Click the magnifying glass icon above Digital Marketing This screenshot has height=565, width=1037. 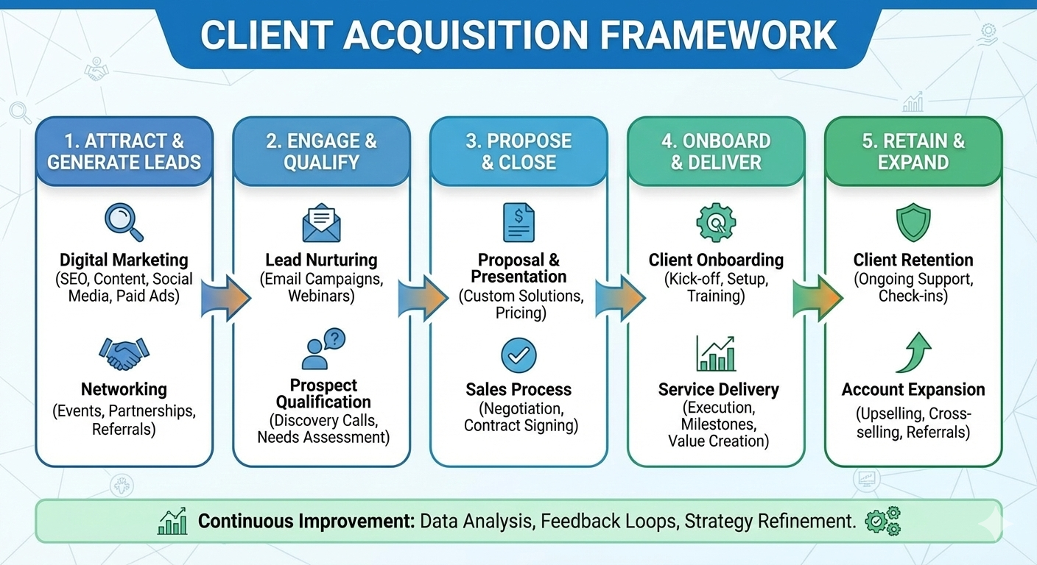[124, 222]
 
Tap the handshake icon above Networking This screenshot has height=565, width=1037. [124, 353]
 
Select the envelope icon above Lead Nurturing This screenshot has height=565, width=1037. [321, 223]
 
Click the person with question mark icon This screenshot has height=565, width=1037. [323, 349]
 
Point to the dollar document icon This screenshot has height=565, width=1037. [518, 223]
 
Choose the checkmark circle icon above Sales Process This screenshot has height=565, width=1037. [518, 355]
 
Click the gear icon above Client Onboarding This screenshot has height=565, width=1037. [716, 223]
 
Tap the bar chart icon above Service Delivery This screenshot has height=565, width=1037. [715, 353]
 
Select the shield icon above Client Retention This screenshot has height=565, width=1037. [913, 223]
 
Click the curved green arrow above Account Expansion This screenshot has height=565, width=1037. [913, 352]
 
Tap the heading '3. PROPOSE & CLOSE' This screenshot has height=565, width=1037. [518, 152]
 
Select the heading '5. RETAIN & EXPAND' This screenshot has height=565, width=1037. [913, 152]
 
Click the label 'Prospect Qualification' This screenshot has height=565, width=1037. [323, 394]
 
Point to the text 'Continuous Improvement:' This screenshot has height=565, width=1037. [306, 522]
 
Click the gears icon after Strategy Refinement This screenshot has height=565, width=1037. [882, 521]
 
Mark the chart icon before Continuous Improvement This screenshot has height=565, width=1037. [173, 522]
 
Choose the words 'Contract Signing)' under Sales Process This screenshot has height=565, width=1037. [521, 425]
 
